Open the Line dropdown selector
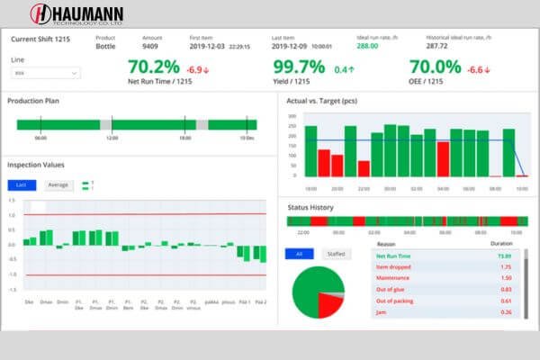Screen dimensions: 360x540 pyautogui.click(x=43, y=73)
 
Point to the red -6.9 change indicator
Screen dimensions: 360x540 pyautogui.click(x=198, y=68)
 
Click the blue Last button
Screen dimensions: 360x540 pyautogui.click(x=22, y=184)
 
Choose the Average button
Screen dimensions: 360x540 pyautogui.click(x=58, y=184)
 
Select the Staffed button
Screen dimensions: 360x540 pyautogui.click(x=337, y=254)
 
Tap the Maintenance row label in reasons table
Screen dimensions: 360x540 pyautogui.click(x=393, y=278)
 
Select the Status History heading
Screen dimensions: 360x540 pyautogui.click(x=310, y=208)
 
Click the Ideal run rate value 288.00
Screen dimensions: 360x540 pyautogui.click(x=367, y=46)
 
